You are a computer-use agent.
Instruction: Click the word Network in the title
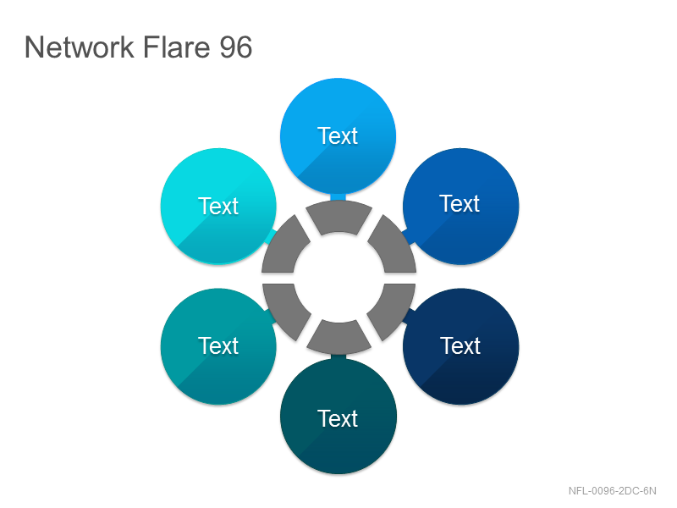coord(80,47)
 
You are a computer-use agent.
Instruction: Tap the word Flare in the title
coord(176,47)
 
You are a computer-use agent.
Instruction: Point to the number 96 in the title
coord(236,47)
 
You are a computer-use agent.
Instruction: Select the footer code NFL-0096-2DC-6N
coord(612,491)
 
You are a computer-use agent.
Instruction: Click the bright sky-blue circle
coord(338,136)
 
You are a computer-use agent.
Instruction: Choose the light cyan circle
coord(218,206)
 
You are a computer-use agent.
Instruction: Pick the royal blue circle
coord(460,206)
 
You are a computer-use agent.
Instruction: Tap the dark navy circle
coord(460,346)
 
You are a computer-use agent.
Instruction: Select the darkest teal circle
coord(338,417)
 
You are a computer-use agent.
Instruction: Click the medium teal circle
coord(218,346)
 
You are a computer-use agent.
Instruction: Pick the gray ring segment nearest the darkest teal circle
coord(339,337)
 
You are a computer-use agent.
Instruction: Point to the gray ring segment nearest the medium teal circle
coord(284,309)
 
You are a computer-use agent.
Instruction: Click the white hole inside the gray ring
coord(339,278)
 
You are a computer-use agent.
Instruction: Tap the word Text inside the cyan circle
coord(218,206)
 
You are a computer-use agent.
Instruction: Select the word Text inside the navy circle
coord(460,346)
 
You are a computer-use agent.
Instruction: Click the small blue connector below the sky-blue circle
coord(338,197)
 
